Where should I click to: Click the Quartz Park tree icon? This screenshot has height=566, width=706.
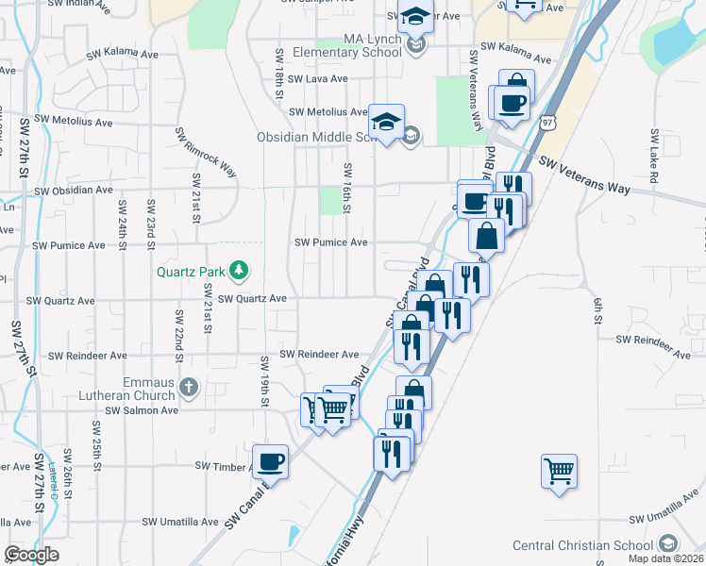240,272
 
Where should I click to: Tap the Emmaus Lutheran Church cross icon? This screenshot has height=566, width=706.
189,387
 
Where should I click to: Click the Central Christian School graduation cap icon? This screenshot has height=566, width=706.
668,544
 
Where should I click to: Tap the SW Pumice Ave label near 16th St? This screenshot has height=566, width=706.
331,242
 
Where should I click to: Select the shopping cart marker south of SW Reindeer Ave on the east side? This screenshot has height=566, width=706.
559,470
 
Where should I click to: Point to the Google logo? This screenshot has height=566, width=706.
31,555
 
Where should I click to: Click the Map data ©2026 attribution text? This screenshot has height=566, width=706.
665,558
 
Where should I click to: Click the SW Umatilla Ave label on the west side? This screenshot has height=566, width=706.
180,521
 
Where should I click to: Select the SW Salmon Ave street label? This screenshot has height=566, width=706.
142,410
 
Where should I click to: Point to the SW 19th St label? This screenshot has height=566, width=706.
265,379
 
